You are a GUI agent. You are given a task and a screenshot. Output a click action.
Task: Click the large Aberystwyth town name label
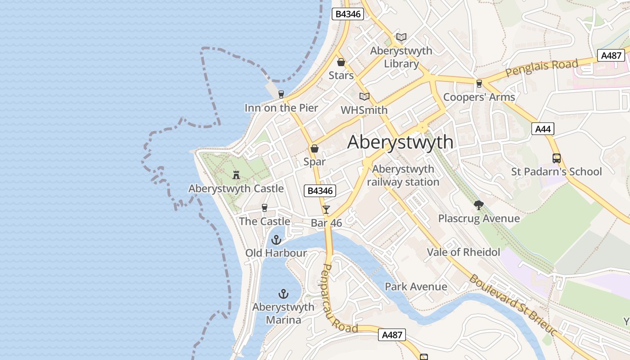400,142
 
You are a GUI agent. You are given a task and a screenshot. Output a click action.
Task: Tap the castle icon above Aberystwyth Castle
236,175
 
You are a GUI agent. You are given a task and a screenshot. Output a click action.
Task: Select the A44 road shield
542,129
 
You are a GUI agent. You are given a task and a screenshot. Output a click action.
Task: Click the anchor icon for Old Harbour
276,239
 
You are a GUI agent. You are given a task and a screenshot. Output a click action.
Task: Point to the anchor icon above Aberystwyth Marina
283,294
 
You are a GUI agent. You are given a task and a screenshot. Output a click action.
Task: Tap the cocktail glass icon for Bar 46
326,209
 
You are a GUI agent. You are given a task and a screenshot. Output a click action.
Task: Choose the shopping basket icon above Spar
315,148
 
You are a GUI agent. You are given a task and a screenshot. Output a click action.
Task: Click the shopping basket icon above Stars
341,62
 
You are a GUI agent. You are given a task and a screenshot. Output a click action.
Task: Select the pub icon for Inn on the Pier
281,94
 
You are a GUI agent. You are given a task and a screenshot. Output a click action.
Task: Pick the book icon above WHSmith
364,96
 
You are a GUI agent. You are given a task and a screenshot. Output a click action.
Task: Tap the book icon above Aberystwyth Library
401,37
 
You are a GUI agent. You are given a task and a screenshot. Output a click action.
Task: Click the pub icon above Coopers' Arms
479,83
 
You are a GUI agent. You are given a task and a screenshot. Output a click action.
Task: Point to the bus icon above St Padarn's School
557,158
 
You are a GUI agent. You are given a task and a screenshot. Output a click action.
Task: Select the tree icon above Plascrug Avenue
479,205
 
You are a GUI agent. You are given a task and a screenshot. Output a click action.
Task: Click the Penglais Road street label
541,68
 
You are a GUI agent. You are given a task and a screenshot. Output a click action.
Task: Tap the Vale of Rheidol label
463,252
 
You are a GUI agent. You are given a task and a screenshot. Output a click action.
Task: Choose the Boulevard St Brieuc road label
513,304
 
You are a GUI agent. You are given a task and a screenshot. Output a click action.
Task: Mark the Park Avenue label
416,287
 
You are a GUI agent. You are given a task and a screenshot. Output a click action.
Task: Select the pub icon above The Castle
265,207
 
